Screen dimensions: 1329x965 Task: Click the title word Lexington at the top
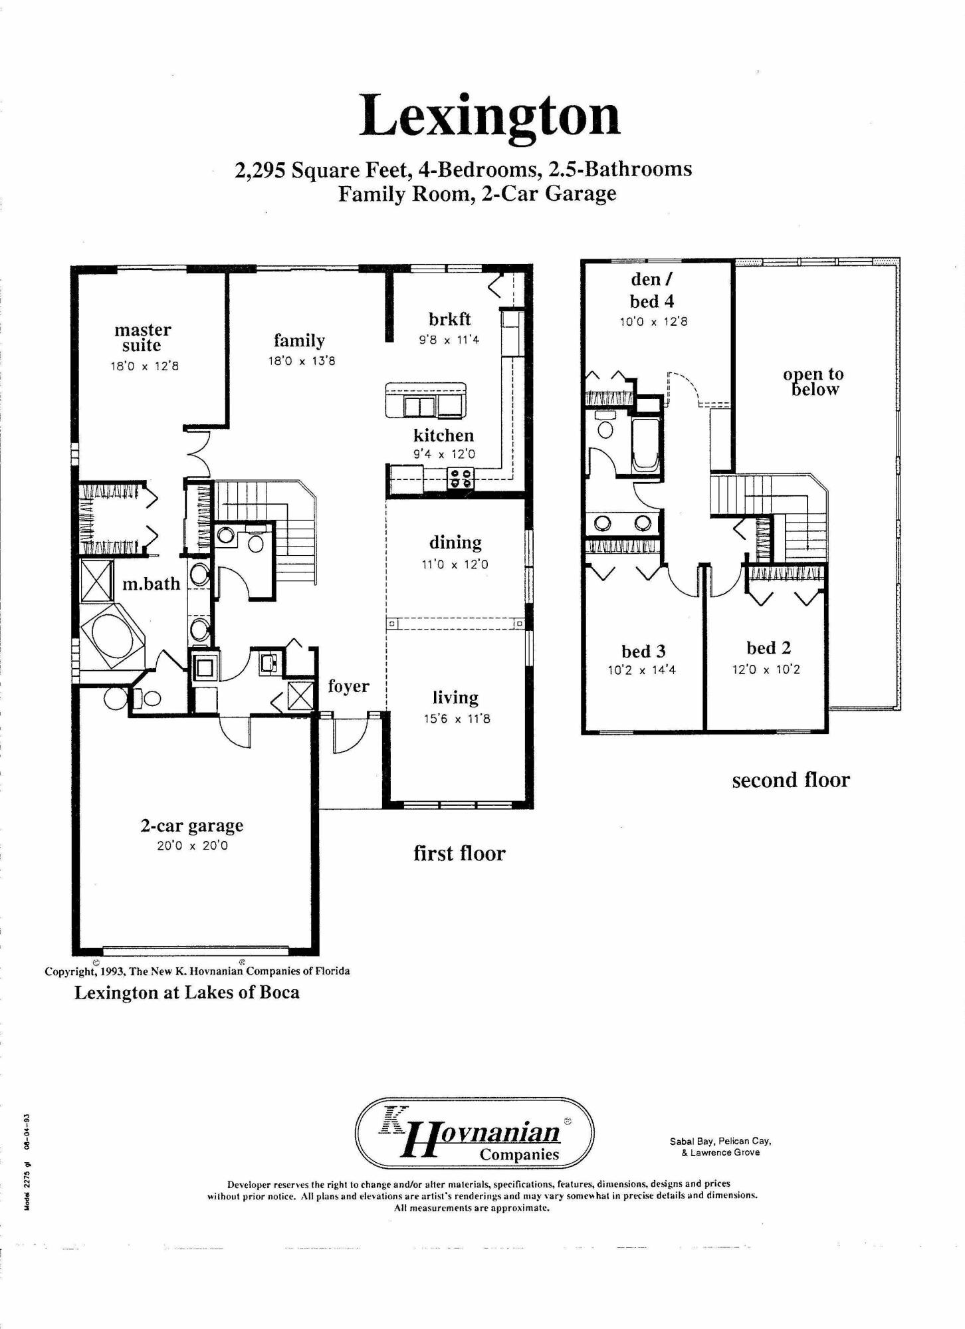pos(490,116)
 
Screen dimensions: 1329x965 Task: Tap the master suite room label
pos(142,338)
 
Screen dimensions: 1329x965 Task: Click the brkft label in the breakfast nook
pos(449,319)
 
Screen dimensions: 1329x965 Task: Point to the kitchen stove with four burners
pos(462,478)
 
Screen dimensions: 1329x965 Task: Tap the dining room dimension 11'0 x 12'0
pos(455,564)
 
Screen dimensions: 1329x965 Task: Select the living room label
pos(455,697)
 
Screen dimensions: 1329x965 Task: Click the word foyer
pos(348,686)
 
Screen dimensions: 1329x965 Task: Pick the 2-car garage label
pos(191,826)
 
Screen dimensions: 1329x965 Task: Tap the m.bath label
pos(151,584)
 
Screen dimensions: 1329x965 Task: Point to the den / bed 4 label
pos(651,291)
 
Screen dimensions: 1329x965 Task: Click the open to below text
pos(813,382)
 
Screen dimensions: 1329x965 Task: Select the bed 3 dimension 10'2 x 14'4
pos(641,670)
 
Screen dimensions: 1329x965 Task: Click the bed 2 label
pos(768,648)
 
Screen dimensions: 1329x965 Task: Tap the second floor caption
pos(790,780)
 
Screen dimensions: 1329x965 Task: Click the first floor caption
pos(459,853)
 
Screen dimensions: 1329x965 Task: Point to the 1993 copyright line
pos(197,971)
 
